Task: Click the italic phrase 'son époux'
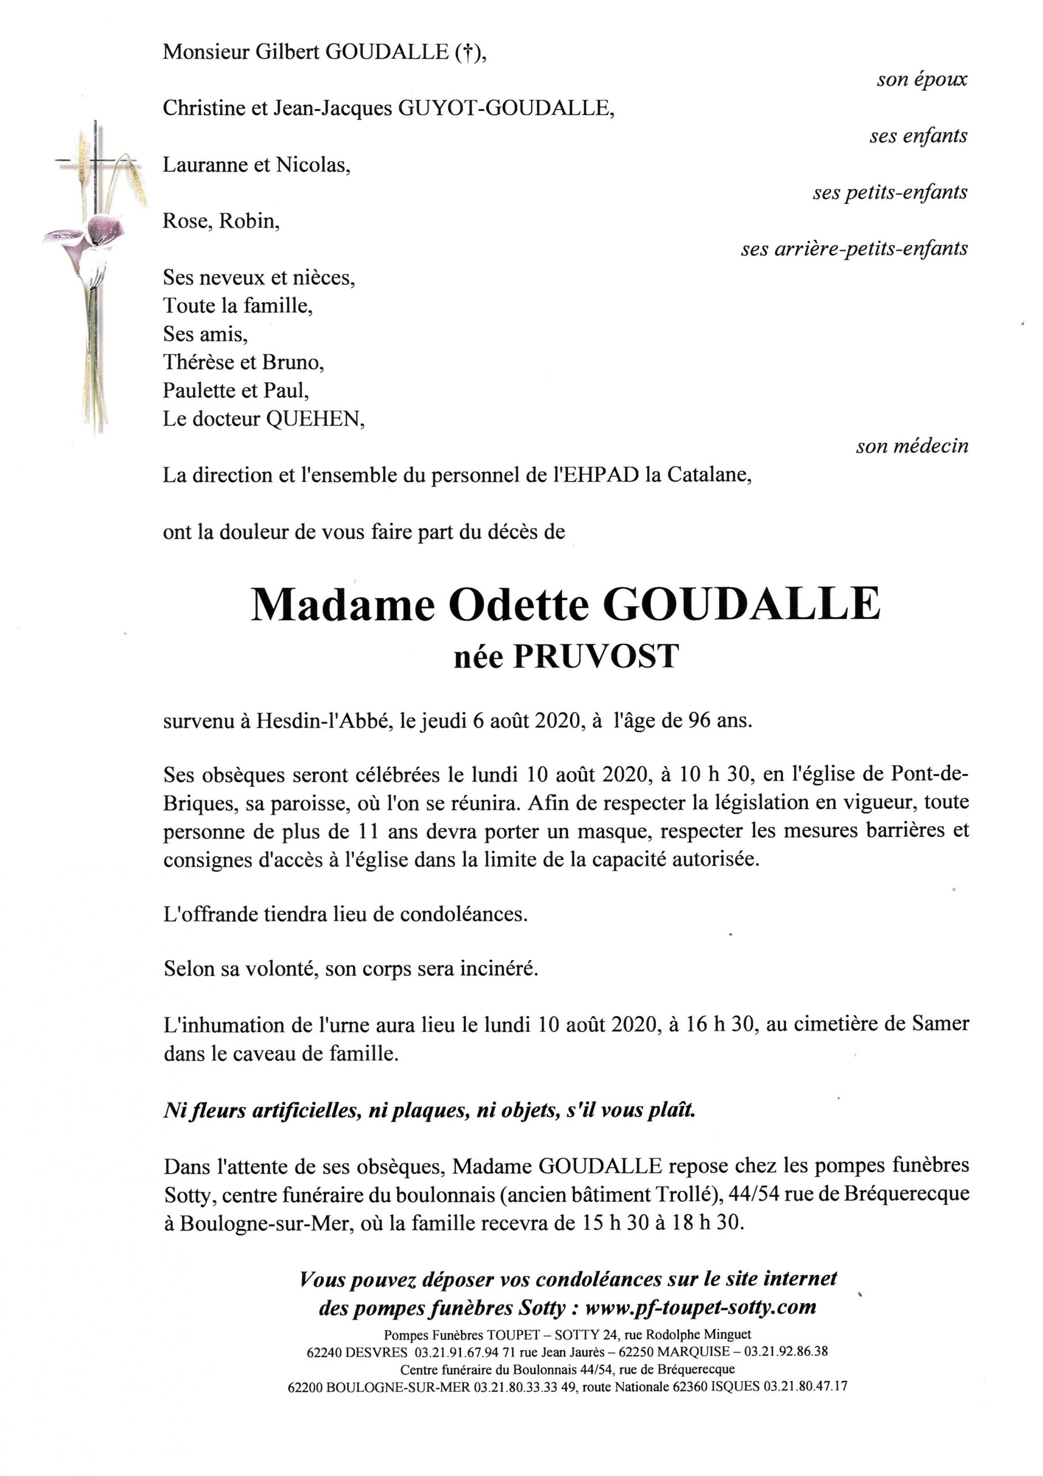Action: pos(921,80)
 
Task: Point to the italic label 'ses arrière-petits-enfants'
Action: pos(854,248)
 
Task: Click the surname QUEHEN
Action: pos(314,419)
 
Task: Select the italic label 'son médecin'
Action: pos(911,446)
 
